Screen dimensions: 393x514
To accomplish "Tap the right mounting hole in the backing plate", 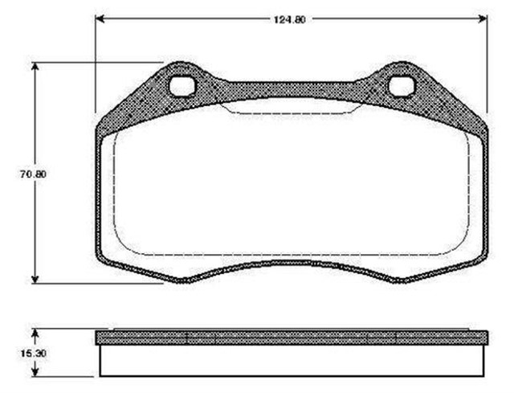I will [399, 84].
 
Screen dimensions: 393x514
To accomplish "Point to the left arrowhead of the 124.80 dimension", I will [100, 18].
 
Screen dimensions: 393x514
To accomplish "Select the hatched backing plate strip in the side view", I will [291, 338].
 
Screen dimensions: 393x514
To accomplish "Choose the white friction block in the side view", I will [291, 361].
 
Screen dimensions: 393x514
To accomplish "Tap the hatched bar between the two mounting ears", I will [291, 90].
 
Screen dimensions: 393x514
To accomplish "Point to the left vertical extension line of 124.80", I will [96, 64].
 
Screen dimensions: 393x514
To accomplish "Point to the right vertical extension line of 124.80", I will [487, 64].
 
